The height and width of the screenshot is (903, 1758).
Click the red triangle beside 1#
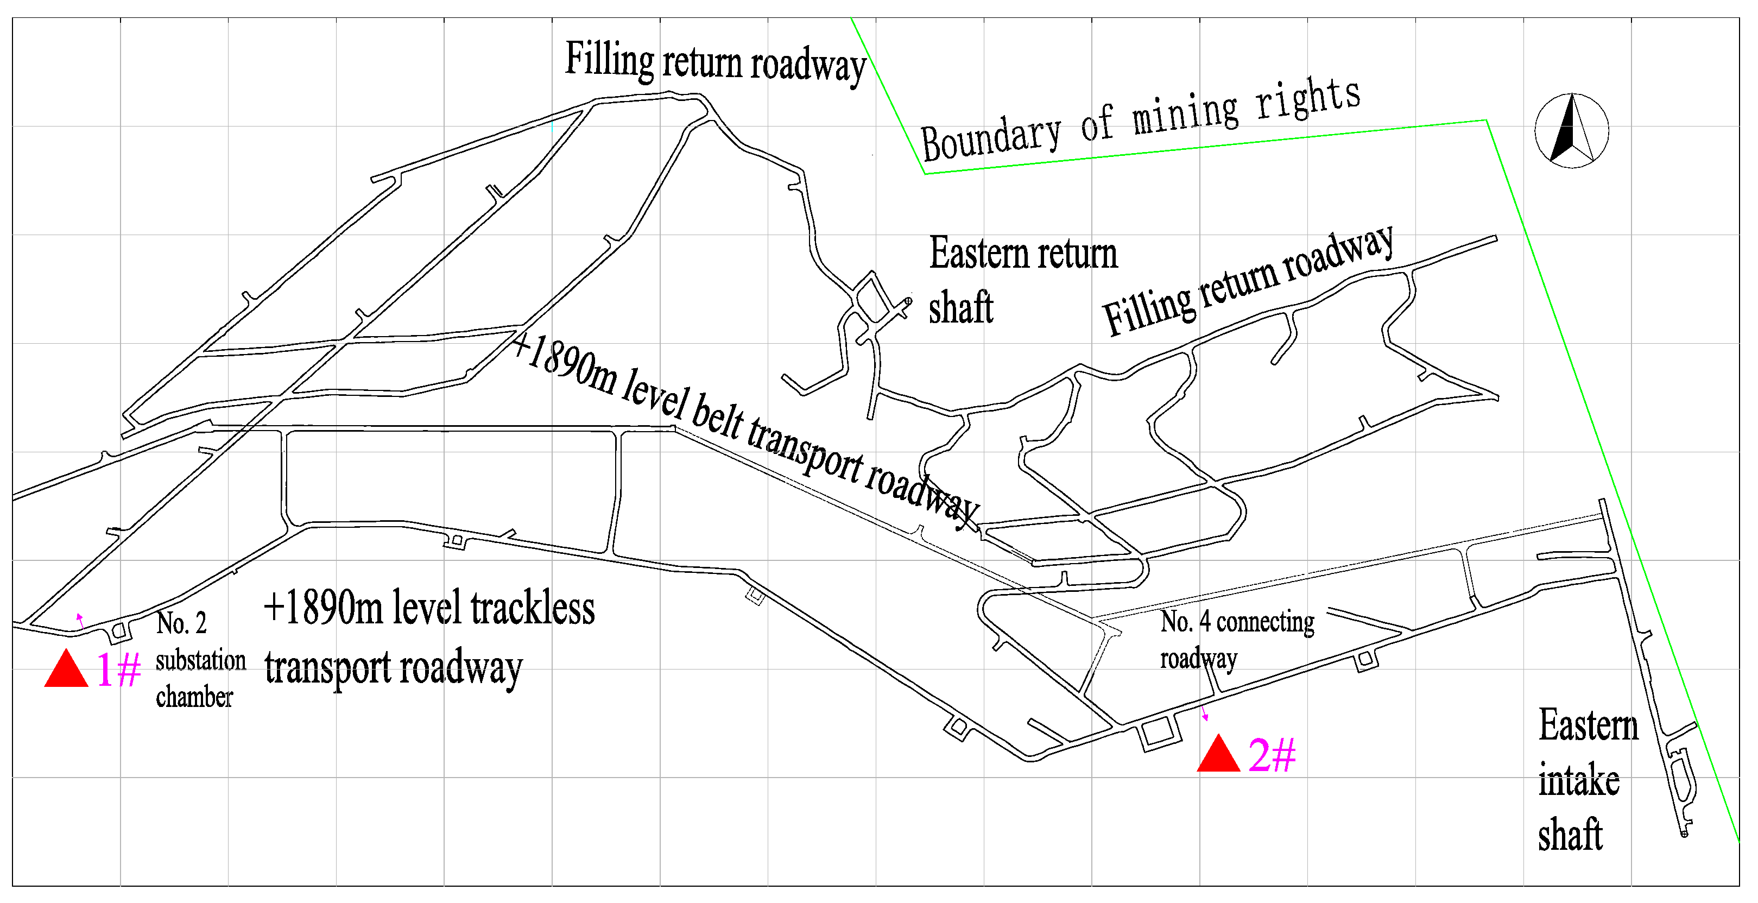[66, 670]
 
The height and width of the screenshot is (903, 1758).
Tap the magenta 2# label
[1272, 755]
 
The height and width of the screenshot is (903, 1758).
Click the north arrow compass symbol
[1572, 130]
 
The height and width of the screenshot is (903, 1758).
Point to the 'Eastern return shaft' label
[1022, 280]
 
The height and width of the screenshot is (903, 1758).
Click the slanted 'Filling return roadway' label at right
[1248, 281]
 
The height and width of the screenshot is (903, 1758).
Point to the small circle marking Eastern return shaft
[908, 300]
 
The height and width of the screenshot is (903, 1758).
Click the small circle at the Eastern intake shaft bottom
[1684, 833]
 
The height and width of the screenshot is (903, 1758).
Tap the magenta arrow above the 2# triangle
[1205, 714]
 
